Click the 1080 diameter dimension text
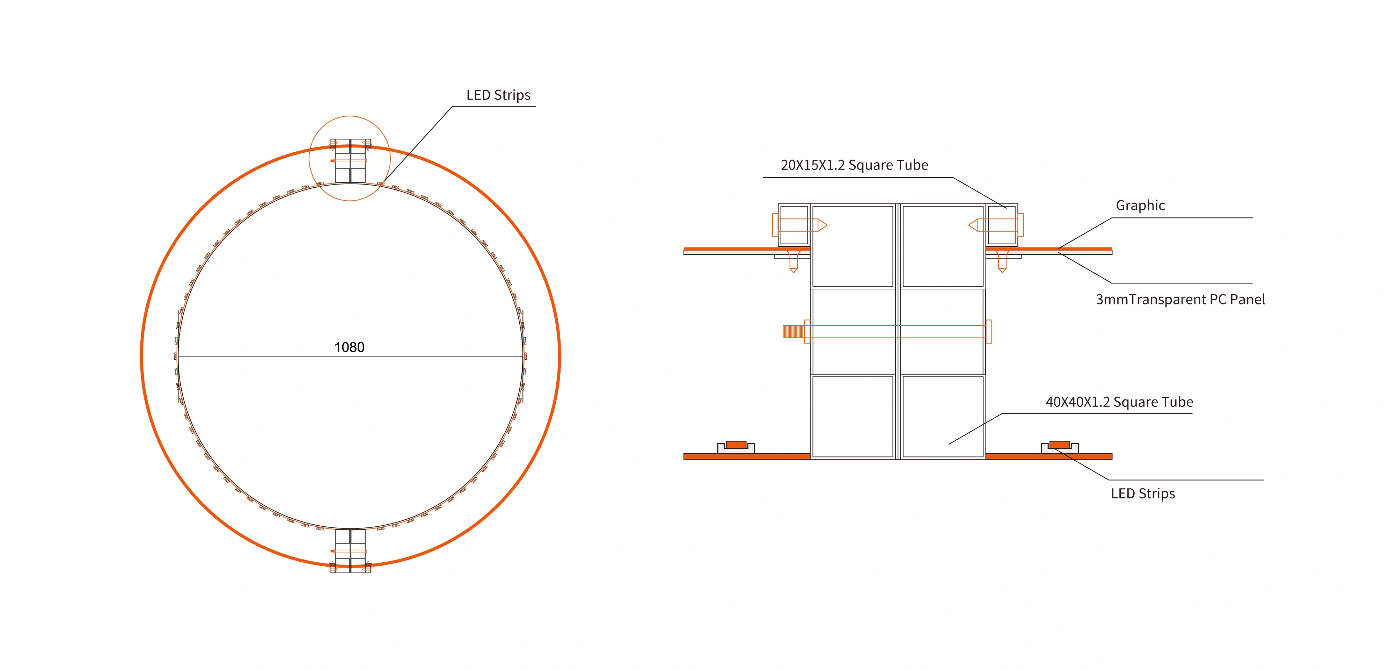[x=349, y=347]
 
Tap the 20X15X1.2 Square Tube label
[x=854, y=165]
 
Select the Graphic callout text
[x=1140, y=206]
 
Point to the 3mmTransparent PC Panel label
[x=1180, y=300]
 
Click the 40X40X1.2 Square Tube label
[x=1119, y=402]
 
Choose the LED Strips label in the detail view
[x=1143, y=494]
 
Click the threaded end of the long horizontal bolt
[x=792, y=331]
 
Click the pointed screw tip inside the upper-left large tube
[x=822, y=225]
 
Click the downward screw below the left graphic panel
[x=793, y=262]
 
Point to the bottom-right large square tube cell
[x=943, y=417]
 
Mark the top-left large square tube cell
[x=853, y=246]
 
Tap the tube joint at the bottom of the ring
[x=350, y=551]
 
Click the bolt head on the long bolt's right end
[x=989, y=331]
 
